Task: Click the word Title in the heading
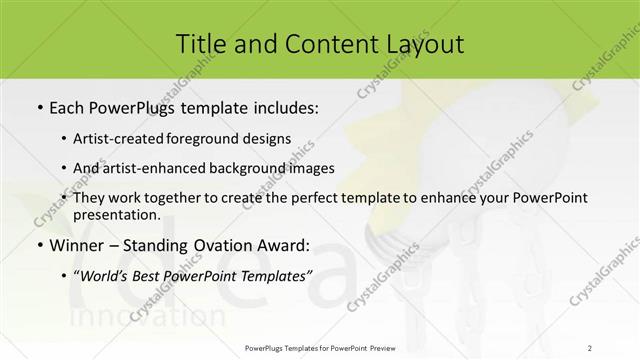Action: (200, 43)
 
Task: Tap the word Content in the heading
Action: (314, 43)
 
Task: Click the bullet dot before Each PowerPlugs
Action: (38, 106)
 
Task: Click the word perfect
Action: (339, 198)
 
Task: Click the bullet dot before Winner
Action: (38, 245)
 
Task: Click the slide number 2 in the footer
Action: (590, 347)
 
